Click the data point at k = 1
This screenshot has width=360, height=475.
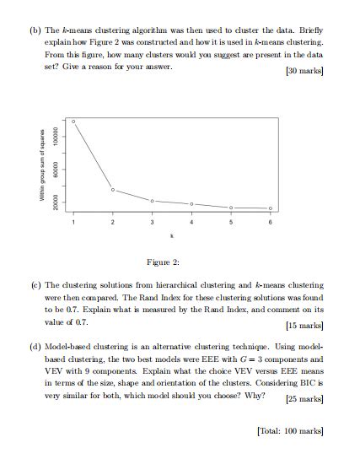point(73,121)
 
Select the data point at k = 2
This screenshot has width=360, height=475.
point(113,189)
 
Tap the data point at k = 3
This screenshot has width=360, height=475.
point(152,201)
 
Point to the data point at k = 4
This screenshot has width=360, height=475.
point(191,204)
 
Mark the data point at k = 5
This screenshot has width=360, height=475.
point(231,208)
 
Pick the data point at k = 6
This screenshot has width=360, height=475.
point(271,208)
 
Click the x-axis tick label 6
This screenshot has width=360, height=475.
point(271,222)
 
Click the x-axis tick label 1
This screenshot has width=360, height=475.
point(73,222)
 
